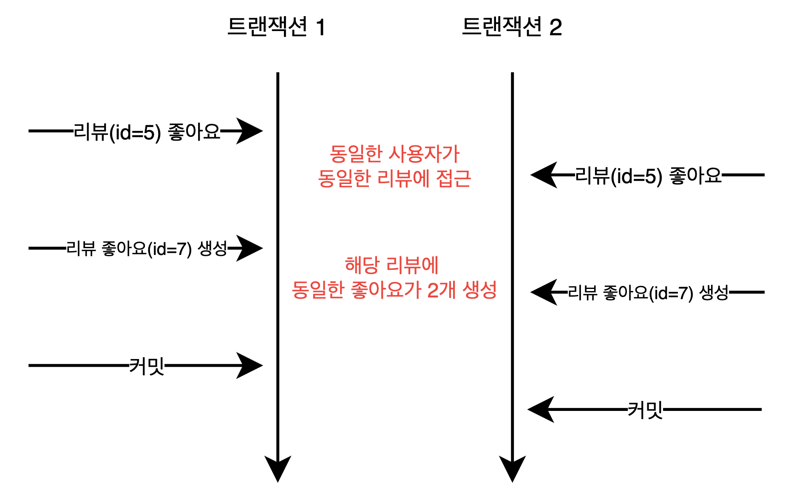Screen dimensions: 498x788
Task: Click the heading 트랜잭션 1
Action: tap(276, 27)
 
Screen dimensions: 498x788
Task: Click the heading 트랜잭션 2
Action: tap(512, 27)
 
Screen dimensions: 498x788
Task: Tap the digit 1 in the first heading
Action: tap(320, 28)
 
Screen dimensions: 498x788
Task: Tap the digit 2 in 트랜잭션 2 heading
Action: tap(556, 28)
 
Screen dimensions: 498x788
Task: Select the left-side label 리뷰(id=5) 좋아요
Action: tap(147, 132)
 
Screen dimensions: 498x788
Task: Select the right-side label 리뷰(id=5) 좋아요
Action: tap(648, 175)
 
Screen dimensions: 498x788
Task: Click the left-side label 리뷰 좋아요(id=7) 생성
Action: tap(147, 249)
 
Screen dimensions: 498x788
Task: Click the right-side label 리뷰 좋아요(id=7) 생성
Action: tap(648, 293)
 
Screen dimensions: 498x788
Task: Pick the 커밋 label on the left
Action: tap(147, 366)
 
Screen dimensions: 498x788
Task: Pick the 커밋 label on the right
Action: tap(645, 410)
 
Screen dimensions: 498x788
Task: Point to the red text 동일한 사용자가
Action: tap(394, 154)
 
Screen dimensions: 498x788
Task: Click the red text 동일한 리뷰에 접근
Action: tap(394, 178)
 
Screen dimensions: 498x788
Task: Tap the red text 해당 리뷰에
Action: tap(391, 266)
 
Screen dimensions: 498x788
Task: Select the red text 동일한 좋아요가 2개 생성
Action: tap(394, 290)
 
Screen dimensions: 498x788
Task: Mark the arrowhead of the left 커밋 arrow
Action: tap(251, 365)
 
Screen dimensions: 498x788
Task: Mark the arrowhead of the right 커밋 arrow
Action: tap(541, 410)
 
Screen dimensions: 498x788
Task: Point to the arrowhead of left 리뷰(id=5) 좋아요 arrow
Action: tap(251, 131)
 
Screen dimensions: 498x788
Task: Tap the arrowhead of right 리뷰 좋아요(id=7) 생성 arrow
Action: tap(543, 292)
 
